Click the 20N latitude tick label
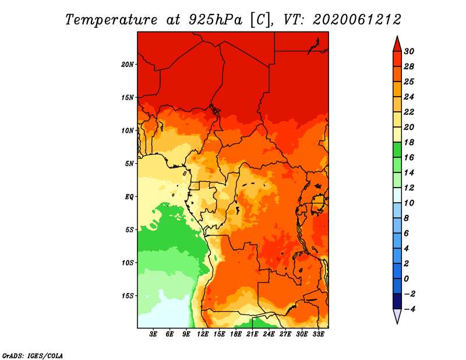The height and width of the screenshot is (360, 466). coord(128,64)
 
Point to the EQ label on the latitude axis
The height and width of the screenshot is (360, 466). coord(129,196)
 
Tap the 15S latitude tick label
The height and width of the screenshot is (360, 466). coord(128,296)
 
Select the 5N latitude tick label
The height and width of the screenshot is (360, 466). coord(129,164)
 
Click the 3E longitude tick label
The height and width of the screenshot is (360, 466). coord(153,334)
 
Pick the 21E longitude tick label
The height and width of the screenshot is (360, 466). coord(252,334)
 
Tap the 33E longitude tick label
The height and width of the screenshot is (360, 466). coord(318,334)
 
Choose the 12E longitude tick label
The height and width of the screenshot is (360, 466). coord(203,334)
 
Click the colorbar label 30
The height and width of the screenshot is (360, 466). coord(409,51)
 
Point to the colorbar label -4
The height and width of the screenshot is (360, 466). coord(410,309)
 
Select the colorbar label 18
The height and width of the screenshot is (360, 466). coord(409,142)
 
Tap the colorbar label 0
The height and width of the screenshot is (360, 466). coord(407,279)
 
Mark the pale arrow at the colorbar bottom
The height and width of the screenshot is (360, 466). coord(397,316)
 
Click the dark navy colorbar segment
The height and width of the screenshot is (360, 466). coord(397,301)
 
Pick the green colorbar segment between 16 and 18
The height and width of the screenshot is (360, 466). coord(397,150)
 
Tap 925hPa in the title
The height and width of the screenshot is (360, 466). coord(216,20)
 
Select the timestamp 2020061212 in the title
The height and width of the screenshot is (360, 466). coord(357,20)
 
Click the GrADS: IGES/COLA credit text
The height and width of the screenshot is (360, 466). coord(33,356)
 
